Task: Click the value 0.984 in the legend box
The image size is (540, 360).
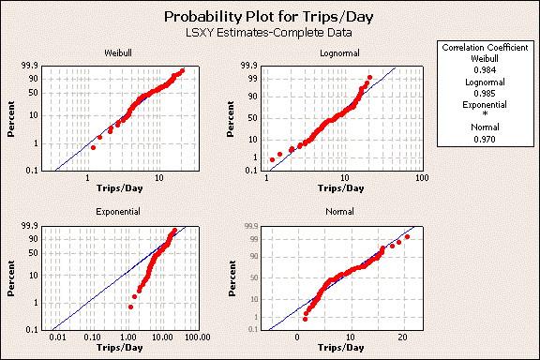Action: pyautogui.click(x=486, y=69)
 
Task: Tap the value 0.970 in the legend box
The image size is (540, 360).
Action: pyautogui.click(x=486, y=139)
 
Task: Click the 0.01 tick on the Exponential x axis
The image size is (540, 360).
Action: pyautogui.click(x=58, y=337)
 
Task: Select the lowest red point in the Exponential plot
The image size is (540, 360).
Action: pyautogui.click(x=130, y=307)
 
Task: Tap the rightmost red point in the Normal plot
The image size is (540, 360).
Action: pyautogui.click(x=407, y=237)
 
